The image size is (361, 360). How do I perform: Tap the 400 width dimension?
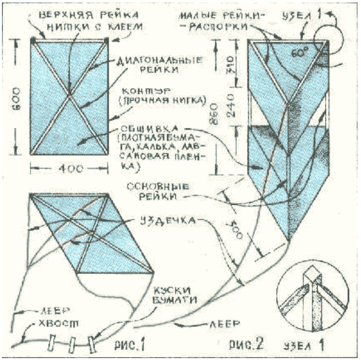(x=69, y=168)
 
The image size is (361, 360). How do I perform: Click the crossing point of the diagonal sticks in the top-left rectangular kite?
(x=70, y=95)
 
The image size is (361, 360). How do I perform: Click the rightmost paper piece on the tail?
(x=91, y=343)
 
